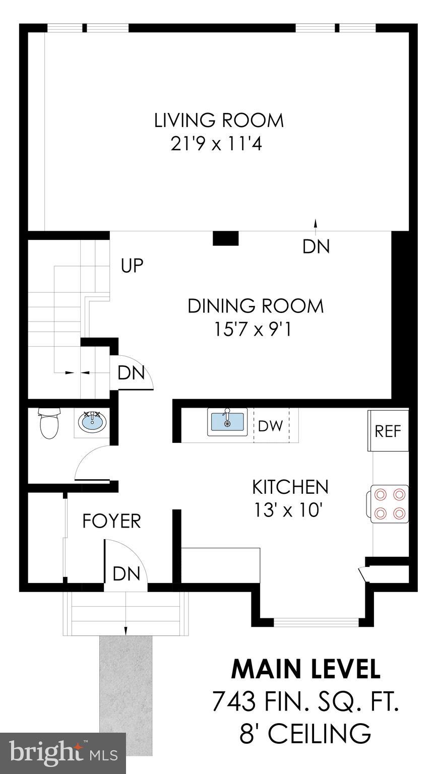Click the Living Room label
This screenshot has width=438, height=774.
pos(219,121)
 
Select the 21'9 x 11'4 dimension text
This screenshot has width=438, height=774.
pos(217,145)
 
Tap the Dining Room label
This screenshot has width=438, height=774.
pos(256,306)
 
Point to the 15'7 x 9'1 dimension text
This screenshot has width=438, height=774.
pos(253,330)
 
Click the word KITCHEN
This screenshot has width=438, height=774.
pos(290,487)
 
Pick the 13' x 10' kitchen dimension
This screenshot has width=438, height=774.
pos(288,510)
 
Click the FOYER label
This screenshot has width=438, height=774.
pos(111,521)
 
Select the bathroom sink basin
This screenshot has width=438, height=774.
pos(92,422)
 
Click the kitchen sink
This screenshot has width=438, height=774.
pos(227,421)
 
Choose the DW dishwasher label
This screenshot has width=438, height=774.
pos(270,426)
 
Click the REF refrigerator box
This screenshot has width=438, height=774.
pos(388,431)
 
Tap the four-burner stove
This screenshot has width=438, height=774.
pos(390,503)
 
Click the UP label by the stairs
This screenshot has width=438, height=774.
pos(132,266)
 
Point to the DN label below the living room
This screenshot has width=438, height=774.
pos(316,246)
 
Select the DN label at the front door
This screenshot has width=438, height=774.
pos(126,573)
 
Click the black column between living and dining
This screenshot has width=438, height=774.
pos(225,238)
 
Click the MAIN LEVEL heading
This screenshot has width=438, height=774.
pos(306,669)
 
